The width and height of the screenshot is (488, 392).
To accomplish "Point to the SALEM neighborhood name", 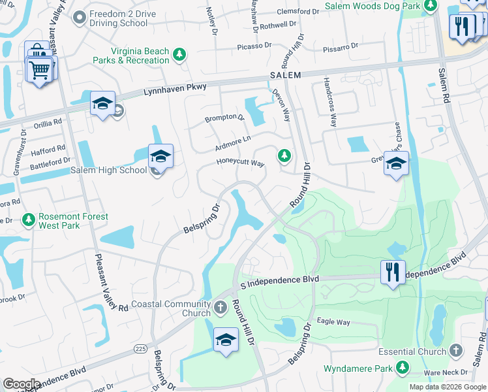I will pos(285,75).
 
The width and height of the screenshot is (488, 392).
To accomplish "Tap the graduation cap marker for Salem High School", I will pos(160,157).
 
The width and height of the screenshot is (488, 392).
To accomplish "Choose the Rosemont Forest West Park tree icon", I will pos(28,221).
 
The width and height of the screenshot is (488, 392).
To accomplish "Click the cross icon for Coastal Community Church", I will pos(221,306).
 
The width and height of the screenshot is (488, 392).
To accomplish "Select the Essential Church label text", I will pos(420,351).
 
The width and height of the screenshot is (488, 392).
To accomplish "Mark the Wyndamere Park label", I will pos(358,369).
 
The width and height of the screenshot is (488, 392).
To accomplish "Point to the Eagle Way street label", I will pos(333,321).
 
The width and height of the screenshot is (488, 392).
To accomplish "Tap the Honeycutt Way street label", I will pos(241,163).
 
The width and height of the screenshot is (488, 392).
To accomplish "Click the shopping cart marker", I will pos(39,68).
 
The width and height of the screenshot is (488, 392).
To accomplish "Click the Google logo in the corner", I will pos(22,384).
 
